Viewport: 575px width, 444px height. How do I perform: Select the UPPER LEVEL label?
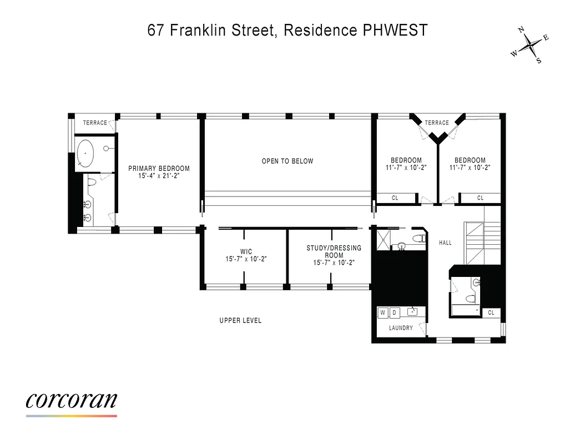(240, 321)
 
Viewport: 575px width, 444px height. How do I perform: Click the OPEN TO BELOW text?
(287, 162)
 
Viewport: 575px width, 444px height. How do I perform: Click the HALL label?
(445, 243)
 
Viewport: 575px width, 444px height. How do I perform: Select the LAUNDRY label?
(401, 328)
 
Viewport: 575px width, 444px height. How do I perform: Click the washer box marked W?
(383, 312)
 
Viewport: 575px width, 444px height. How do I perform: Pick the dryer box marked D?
(394, 312)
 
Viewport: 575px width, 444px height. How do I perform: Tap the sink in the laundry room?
(413, 311)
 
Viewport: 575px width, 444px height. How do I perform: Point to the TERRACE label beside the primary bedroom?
(94, 123)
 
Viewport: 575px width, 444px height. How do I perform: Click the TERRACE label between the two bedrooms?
(437, 123)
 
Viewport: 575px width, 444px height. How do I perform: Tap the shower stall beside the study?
(382, 240)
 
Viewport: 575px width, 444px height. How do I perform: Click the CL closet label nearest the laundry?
(491, 312)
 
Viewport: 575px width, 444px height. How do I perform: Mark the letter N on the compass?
(521, 31)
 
